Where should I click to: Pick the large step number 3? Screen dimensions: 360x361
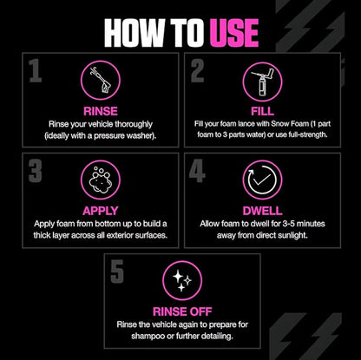point(35,172)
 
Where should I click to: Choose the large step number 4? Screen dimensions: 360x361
point(197,172)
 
